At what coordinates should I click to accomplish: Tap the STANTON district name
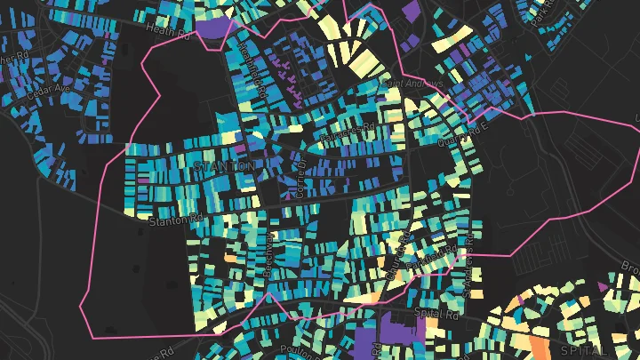[223, 165]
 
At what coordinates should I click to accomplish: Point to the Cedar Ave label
[48, 90]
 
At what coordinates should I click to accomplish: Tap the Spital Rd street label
[436, 313]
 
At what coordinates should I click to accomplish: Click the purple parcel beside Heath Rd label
[212, 28]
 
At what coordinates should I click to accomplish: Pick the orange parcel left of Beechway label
[229, 259]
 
